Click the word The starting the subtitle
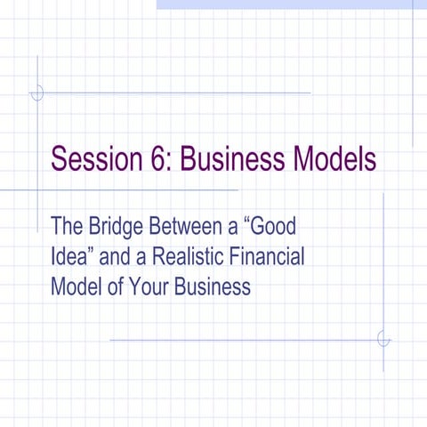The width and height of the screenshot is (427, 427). [x=68, y=226]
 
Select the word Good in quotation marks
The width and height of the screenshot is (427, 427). [x=274, y=226]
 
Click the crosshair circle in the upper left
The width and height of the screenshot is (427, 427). [x=37, y=93]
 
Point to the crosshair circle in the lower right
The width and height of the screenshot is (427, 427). [x=383, y=339]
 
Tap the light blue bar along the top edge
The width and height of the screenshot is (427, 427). [x=285, y=4]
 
